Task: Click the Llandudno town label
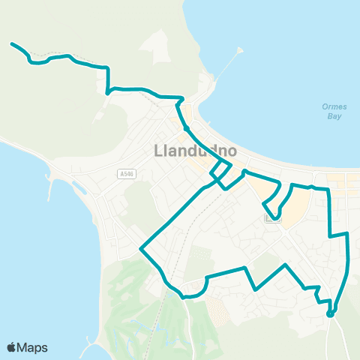[195, 151]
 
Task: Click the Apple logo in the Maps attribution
[11, 346]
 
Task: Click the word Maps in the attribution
[33, 346]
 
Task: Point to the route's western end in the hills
[12, 43]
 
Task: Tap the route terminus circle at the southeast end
[330, 313]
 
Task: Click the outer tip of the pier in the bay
[241, 49]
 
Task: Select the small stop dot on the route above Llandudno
[185, 128]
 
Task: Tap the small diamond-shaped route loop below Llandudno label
[220, 173]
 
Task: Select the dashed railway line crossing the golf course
[160, 315]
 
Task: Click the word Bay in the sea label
[334, 117]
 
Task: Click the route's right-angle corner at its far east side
[347, 234]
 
